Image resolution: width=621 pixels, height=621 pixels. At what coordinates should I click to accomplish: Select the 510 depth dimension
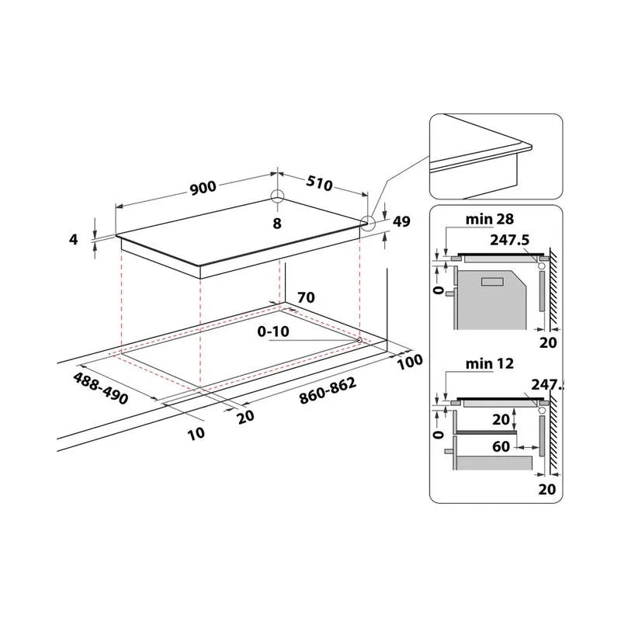coord(318,185)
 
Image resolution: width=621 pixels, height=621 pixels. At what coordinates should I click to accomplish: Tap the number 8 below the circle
coord(277,224)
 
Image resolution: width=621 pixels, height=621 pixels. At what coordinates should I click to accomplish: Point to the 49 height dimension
coord(402,222)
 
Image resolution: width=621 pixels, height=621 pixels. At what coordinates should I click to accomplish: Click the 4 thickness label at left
coord(74,240)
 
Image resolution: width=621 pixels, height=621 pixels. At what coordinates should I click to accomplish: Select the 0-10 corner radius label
coord(274,332)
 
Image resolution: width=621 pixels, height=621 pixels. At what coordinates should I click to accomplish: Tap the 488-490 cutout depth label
coord(101,386)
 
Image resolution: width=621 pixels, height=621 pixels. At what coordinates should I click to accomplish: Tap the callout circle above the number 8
coord(278,196)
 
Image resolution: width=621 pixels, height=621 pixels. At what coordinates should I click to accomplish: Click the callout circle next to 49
coord(367,224)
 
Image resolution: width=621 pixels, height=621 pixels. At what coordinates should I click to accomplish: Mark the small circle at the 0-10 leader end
coord(359,340)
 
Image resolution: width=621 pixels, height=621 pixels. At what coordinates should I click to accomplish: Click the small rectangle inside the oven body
coord(491,283)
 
